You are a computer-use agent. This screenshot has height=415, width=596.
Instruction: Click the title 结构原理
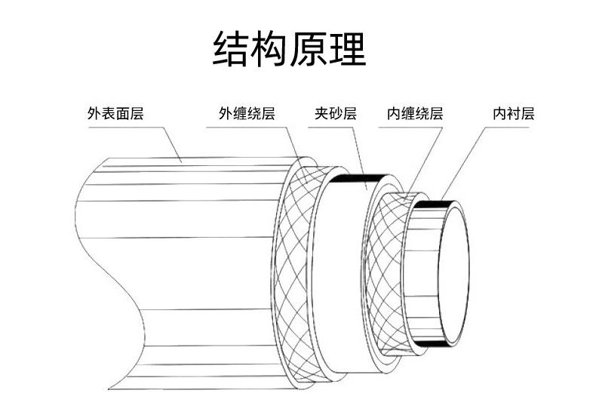tap(289, 49)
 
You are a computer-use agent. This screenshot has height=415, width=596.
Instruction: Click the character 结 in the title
tap(232, 49)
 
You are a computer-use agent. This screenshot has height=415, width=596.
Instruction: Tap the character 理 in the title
tap(347, 49)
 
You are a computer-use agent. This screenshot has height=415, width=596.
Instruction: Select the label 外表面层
tap(115, 113)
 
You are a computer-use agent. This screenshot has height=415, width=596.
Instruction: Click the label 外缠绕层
tap(247, 113)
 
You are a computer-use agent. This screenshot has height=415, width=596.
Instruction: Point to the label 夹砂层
tap(336, 113)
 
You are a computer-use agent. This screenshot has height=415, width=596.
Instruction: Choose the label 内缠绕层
tap(415, 113)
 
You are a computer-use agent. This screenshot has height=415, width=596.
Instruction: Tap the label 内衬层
tap(514, 113)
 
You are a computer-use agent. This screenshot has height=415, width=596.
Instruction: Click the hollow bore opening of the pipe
tap(455, 275)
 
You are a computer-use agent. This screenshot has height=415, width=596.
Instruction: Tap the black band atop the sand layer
tap(359, 177)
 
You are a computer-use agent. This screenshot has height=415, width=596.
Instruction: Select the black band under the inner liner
tap(433, 344)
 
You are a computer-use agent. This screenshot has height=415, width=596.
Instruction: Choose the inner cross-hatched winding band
tap(384, 274)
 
